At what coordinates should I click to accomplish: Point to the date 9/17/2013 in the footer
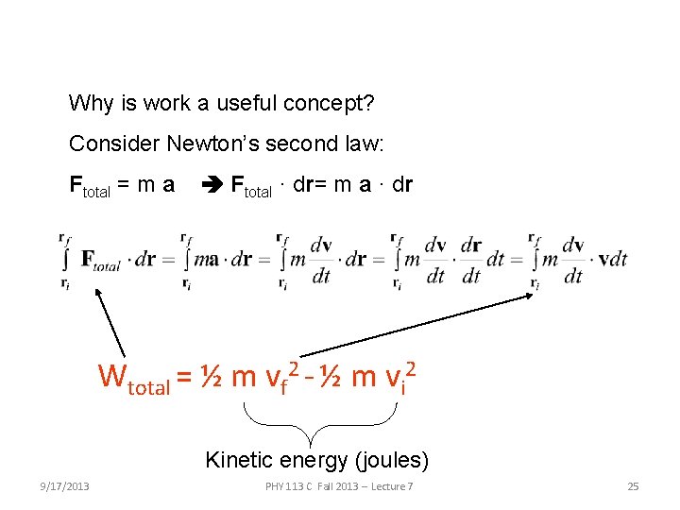65,486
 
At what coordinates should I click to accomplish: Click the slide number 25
633,486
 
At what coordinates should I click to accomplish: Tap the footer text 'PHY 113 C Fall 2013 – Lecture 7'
339,486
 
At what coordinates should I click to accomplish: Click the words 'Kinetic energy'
276,461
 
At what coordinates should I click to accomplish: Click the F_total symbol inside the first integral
100,260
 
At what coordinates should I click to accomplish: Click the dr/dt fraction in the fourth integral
470,259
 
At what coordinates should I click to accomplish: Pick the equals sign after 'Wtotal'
185,379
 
